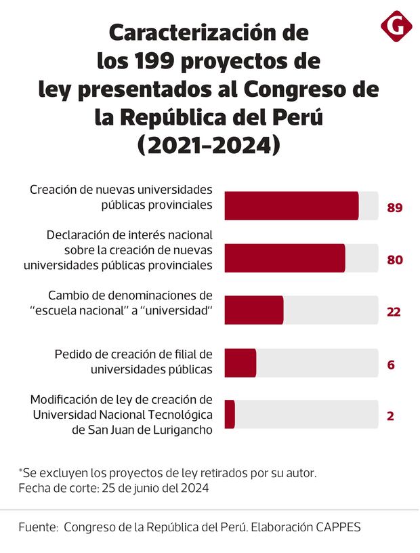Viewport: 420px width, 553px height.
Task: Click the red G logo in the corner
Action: [396, 27]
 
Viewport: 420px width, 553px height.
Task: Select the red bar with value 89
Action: [291, 206]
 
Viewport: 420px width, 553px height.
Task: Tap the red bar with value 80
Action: [285, 258]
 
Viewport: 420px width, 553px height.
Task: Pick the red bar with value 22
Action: [254, 310]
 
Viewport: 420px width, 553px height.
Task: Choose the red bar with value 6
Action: [240, 363]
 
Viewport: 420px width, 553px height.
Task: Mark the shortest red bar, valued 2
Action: [230, 414]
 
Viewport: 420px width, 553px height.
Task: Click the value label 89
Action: [395, 207]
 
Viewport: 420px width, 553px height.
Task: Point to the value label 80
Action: [395, 260]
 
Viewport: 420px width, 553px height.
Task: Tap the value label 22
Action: [394, 312]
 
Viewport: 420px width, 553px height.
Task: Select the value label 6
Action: [391, 365]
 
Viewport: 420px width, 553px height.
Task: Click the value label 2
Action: [390, 416]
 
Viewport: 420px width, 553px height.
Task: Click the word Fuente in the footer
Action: [37, 527]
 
